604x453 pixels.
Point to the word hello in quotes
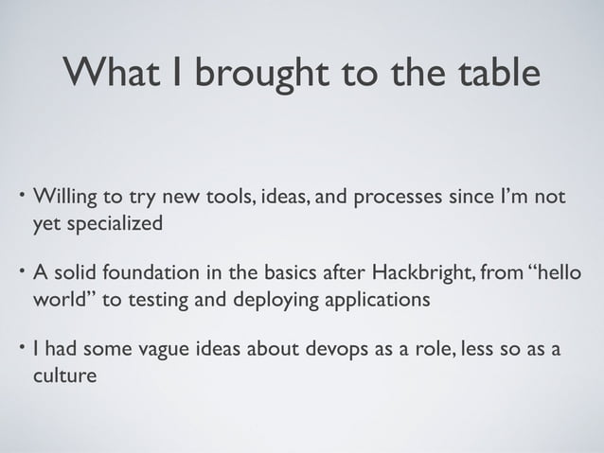point(571,275)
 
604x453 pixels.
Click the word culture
point(65,376)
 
